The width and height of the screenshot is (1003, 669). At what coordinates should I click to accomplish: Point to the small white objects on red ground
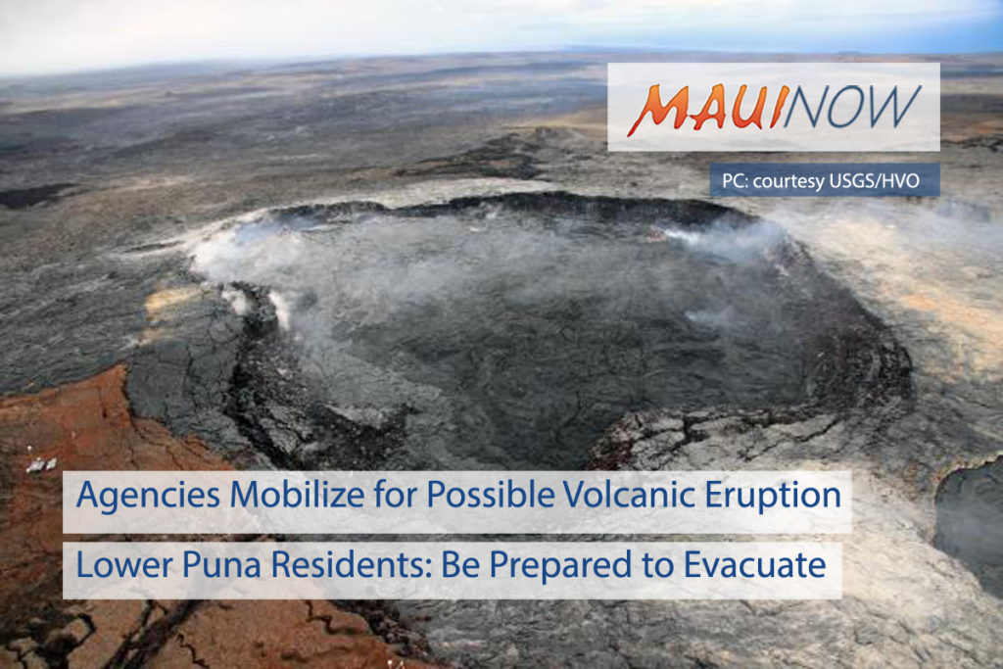click(41, 465)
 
